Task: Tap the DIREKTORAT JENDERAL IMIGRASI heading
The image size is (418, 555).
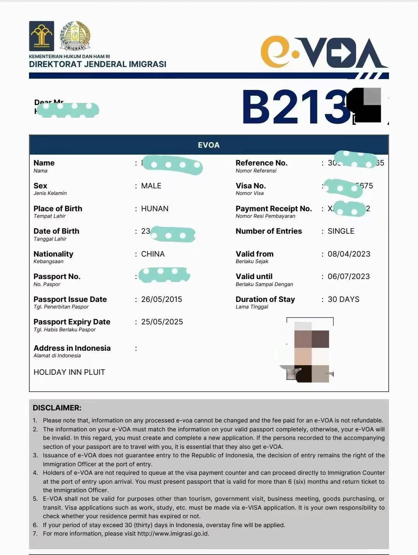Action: [x=98, y=64]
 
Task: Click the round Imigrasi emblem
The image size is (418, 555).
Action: [x=75, y=36]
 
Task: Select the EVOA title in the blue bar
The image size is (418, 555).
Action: [x=209, y=145]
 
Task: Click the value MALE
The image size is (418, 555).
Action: [x=151, y=186]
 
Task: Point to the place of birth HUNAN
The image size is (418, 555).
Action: [x=154, y=209]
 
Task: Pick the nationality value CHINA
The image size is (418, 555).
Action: [x=152, y=254]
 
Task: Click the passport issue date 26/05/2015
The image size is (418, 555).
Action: [x=161, y=300]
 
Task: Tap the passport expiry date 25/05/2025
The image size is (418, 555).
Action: [x=162, y=322]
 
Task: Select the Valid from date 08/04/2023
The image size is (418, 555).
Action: [x=349, y=254]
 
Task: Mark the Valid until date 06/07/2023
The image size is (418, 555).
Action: [x=348, y=277]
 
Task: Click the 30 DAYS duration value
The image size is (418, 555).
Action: [x=343, y=300]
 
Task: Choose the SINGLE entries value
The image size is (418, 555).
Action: [x=341, y=231]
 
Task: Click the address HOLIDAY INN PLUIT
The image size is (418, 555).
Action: [x=69, y=372]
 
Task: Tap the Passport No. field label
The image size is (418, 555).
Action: [x=57, y=277]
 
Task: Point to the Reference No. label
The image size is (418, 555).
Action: [x=261, y=163]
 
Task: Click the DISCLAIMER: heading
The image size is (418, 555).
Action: [x=57, y=408]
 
